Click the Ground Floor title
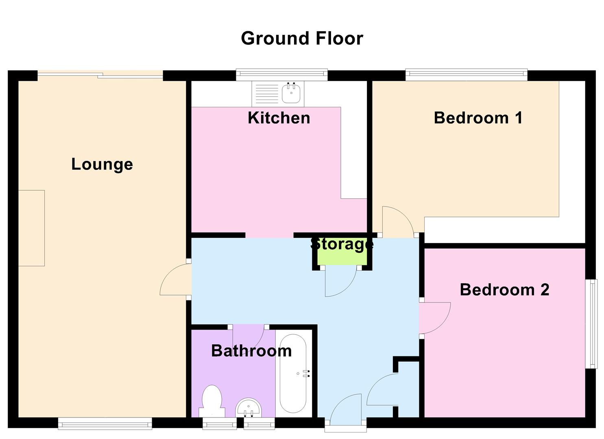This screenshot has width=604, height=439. pyautogui.click(x=302, y=39)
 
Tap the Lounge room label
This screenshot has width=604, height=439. pyautogui.click(x=102, y=164)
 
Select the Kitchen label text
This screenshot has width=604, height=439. pyautogui.click(x=279, y=118)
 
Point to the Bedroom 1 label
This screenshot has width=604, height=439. pyautogui.click(x=478, y=118)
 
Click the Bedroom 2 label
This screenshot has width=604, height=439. pyautogui.click(x=504, y=290)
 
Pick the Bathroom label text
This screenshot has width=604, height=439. pyautogui.click(x=251, y=351)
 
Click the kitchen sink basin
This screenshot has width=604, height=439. pyautogui.click(x=292, y=93)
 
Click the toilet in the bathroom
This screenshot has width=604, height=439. pyautogui.click(x=212, y=401)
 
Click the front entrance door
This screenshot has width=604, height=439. pyautogui.click(x=346, y=409)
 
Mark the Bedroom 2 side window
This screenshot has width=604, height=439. pyautogui.click(x=594, y=324)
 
